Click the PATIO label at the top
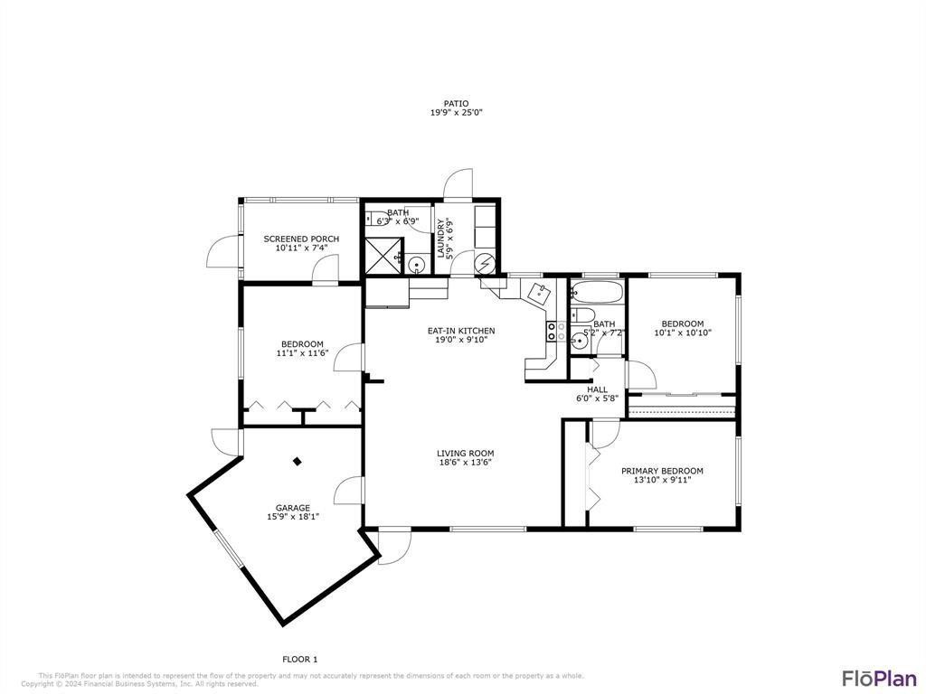456,103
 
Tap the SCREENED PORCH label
301,239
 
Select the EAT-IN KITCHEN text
461,331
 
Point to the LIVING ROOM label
465,454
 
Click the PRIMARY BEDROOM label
662,471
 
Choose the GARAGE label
293,508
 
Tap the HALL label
597,389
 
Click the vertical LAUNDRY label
442,239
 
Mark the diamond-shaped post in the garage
297,461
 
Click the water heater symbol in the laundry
486,263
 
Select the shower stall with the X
383,256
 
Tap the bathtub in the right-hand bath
597,293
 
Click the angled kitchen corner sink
539,293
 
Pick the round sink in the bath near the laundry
416,265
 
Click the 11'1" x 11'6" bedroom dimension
301,353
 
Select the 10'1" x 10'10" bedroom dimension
682,333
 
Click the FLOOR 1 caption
300,659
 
